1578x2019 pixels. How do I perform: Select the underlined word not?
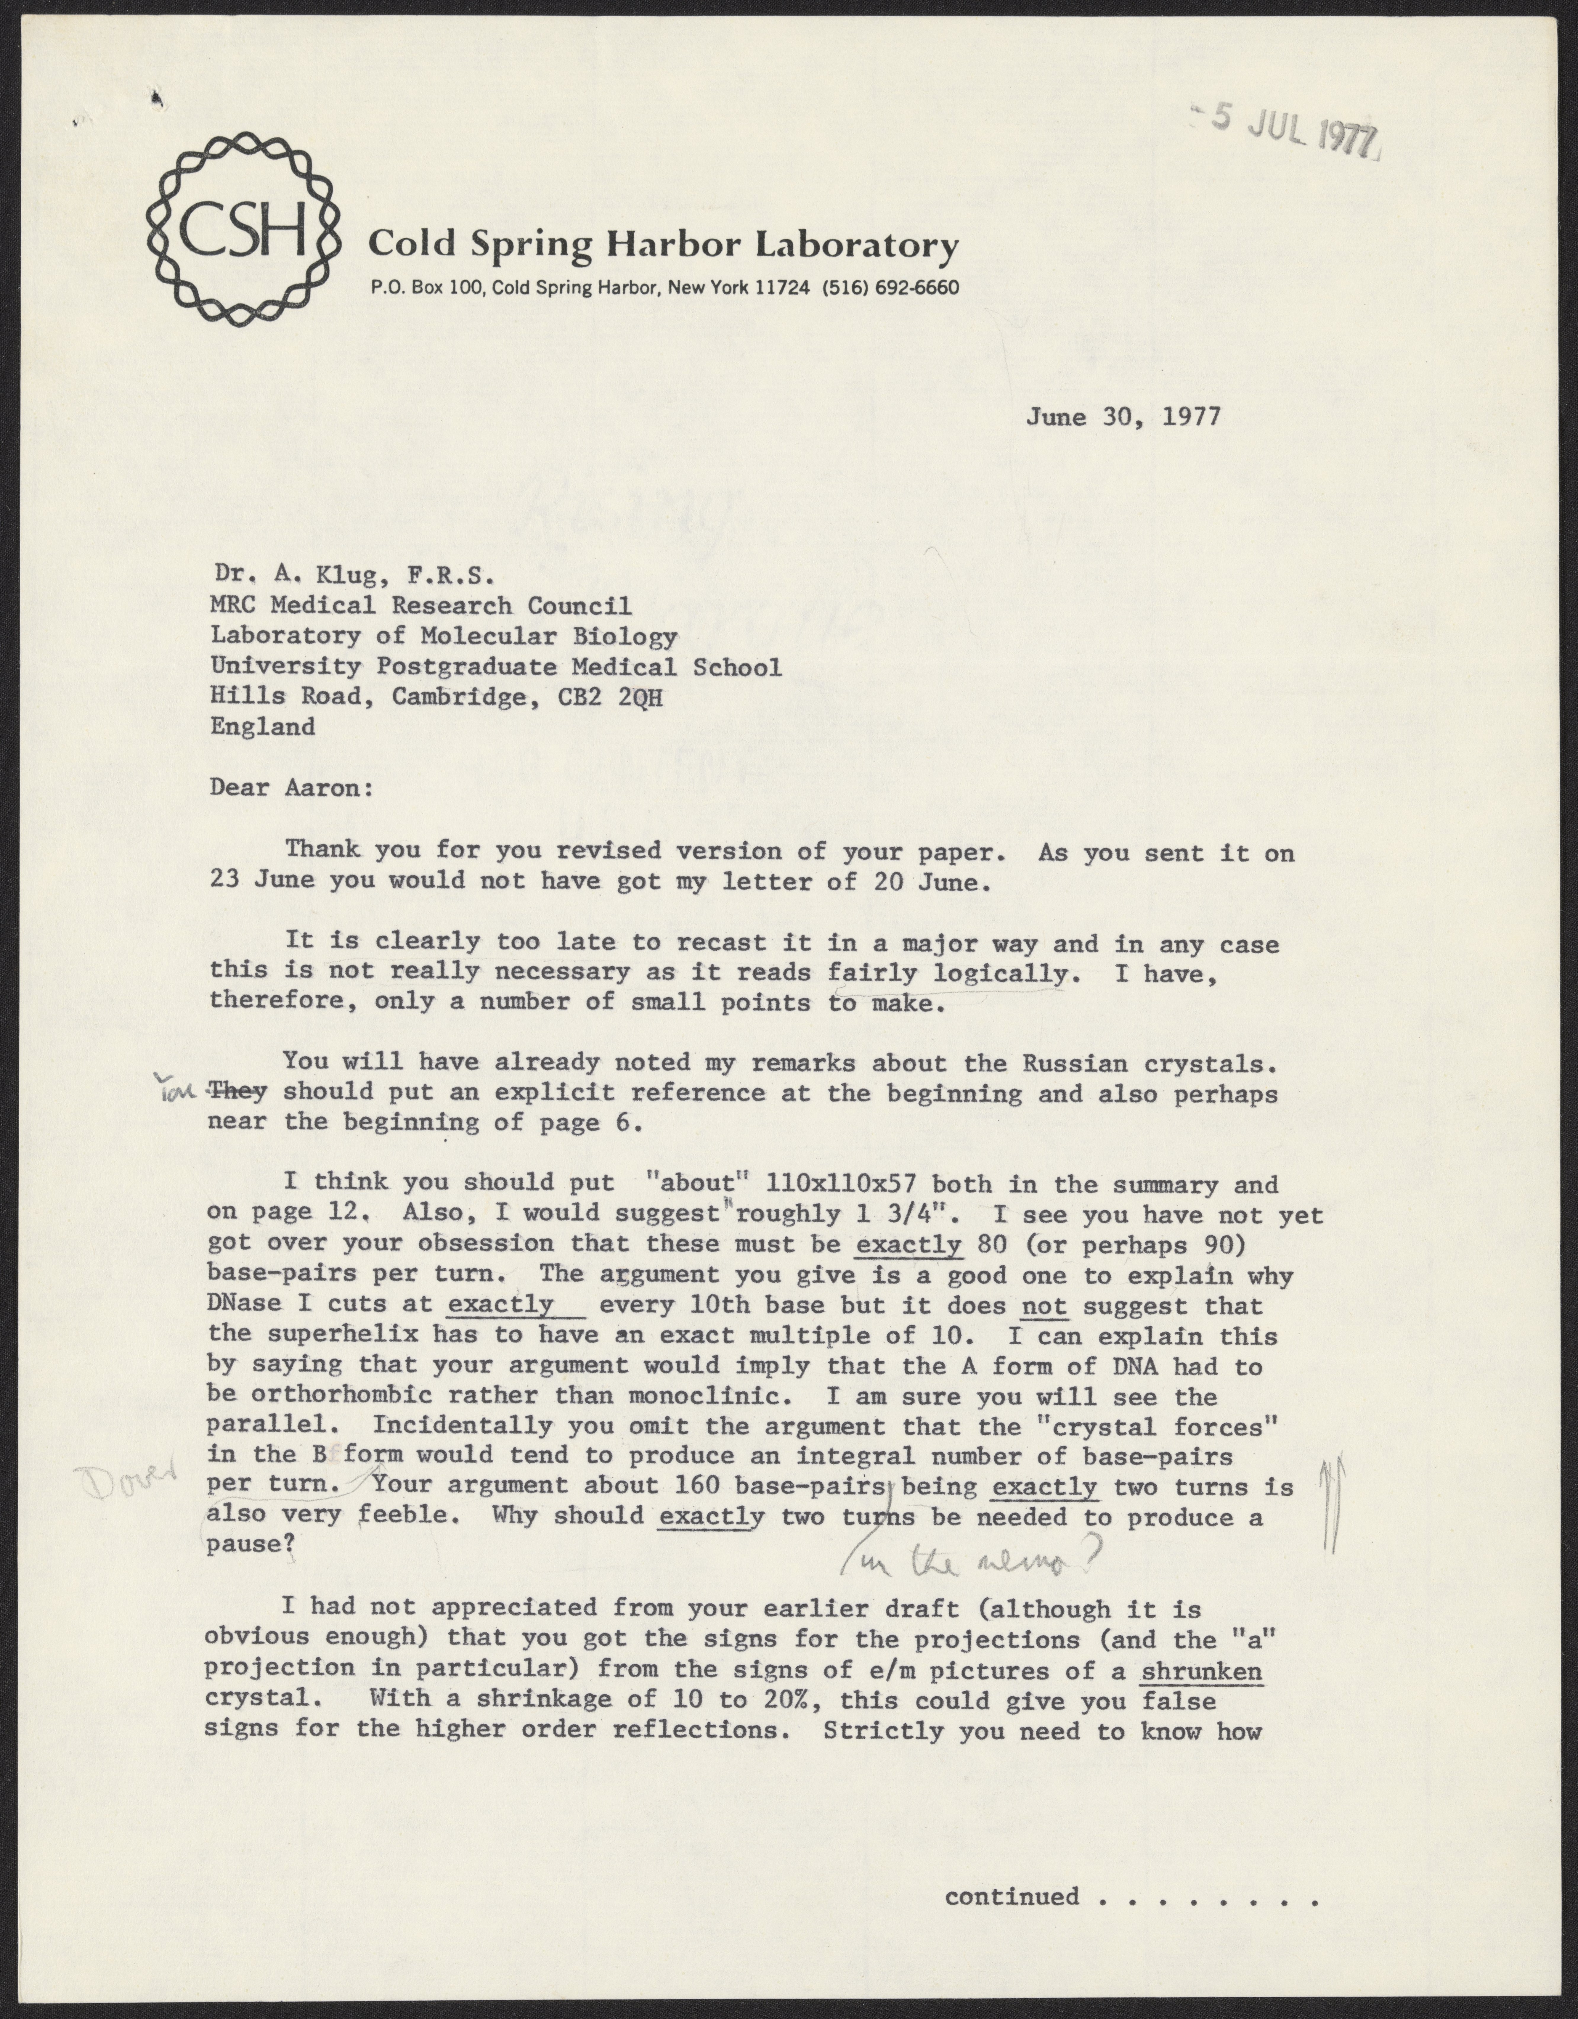[1044, 1306]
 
